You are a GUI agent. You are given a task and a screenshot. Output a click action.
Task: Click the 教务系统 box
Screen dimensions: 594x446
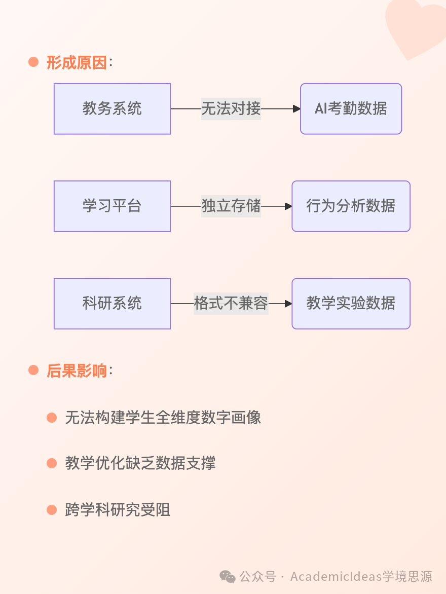[x=112, y=109]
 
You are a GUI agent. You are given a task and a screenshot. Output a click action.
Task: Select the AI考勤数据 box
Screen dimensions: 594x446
[x=351, y=109]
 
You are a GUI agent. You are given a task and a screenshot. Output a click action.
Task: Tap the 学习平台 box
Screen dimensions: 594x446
[x=112, y=206]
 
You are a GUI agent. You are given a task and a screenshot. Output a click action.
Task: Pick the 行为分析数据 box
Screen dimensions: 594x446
[x=351, y=206]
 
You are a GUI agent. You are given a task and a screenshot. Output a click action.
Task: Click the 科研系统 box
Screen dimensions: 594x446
[x=112, y=304]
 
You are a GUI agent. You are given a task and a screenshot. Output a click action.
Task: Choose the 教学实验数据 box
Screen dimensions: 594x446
[x=351, y=304]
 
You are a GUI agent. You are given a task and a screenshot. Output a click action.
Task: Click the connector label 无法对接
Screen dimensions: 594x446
[x=231, y=109]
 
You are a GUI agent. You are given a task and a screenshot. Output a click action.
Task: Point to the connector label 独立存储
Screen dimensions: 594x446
[x=231, y=206]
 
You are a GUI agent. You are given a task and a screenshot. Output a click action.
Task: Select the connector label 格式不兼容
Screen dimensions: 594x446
[x=231, y=304]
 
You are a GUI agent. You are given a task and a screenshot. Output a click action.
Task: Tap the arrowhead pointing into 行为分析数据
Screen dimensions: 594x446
[x=288, y=206]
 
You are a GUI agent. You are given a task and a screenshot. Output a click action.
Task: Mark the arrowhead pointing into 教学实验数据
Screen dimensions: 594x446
[x=288, y=304]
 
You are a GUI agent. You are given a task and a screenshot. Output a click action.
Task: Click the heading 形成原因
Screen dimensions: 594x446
[x=77, y=63]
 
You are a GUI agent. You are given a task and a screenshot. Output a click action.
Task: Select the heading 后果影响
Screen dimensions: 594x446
[x=77, y=371]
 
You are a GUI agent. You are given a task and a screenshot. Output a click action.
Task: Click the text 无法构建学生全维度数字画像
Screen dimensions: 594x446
[x=163, y=418]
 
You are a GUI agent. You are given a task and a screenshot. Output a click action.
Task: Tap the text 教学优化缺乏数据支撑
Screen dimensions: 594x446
[x=140, y=463]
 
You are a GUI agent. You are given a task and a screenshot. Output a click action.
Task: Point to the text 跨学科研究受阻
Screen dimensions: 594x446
[x=118, y=509]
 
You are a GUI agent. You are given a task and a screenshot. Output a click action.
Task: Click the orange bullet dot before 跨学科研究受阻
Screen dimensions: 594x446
[x=52, y=509]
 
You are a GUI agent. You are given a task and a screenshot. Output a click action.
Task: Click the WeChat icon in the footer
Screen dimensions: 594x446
[x=227, y=576]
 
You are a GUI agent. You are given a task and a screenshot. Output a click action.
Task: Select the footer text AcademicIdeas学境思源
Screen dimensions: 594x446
[x=361, y=576]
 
